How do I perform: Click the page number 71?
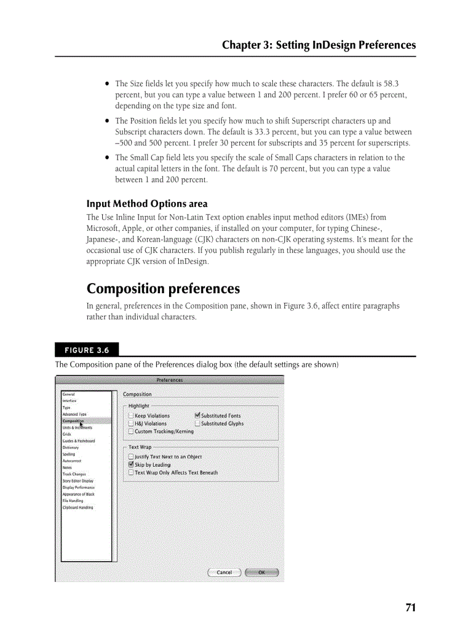coord(411,608)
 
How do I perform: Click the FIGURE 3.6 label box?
coord(87,349)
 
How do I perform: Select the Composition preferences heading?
coord(163,289)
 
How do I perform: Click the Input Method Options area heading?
coord(147,204)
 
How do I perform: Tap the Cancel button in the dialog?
coord(224,572)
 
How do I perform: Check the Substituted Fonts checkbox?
coord(197,416)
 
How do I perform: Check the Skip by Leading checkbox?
coord(131,465)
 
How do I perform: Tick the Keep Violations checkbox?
coord(131,416)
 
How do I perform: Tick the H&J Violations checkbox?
coord(131,424)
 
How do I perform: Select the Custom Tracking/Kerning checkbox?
coord(131,432)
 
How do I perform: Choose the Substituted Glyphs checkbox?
coord(197,424)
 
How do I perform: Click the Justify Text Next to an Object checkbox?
coord(131,457)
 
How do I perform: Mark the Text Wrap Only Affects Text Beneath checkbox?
coord(131,473)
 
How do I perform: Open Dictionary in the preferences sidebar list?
coord(71,448)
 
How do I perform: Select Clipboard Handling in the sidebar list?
coord(78,508)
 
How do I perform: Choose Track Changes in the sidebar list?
coord(74,474)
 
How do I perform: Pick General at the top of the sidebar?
coord(69,394)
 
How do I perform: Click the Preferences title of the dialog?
coord(170,380)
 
